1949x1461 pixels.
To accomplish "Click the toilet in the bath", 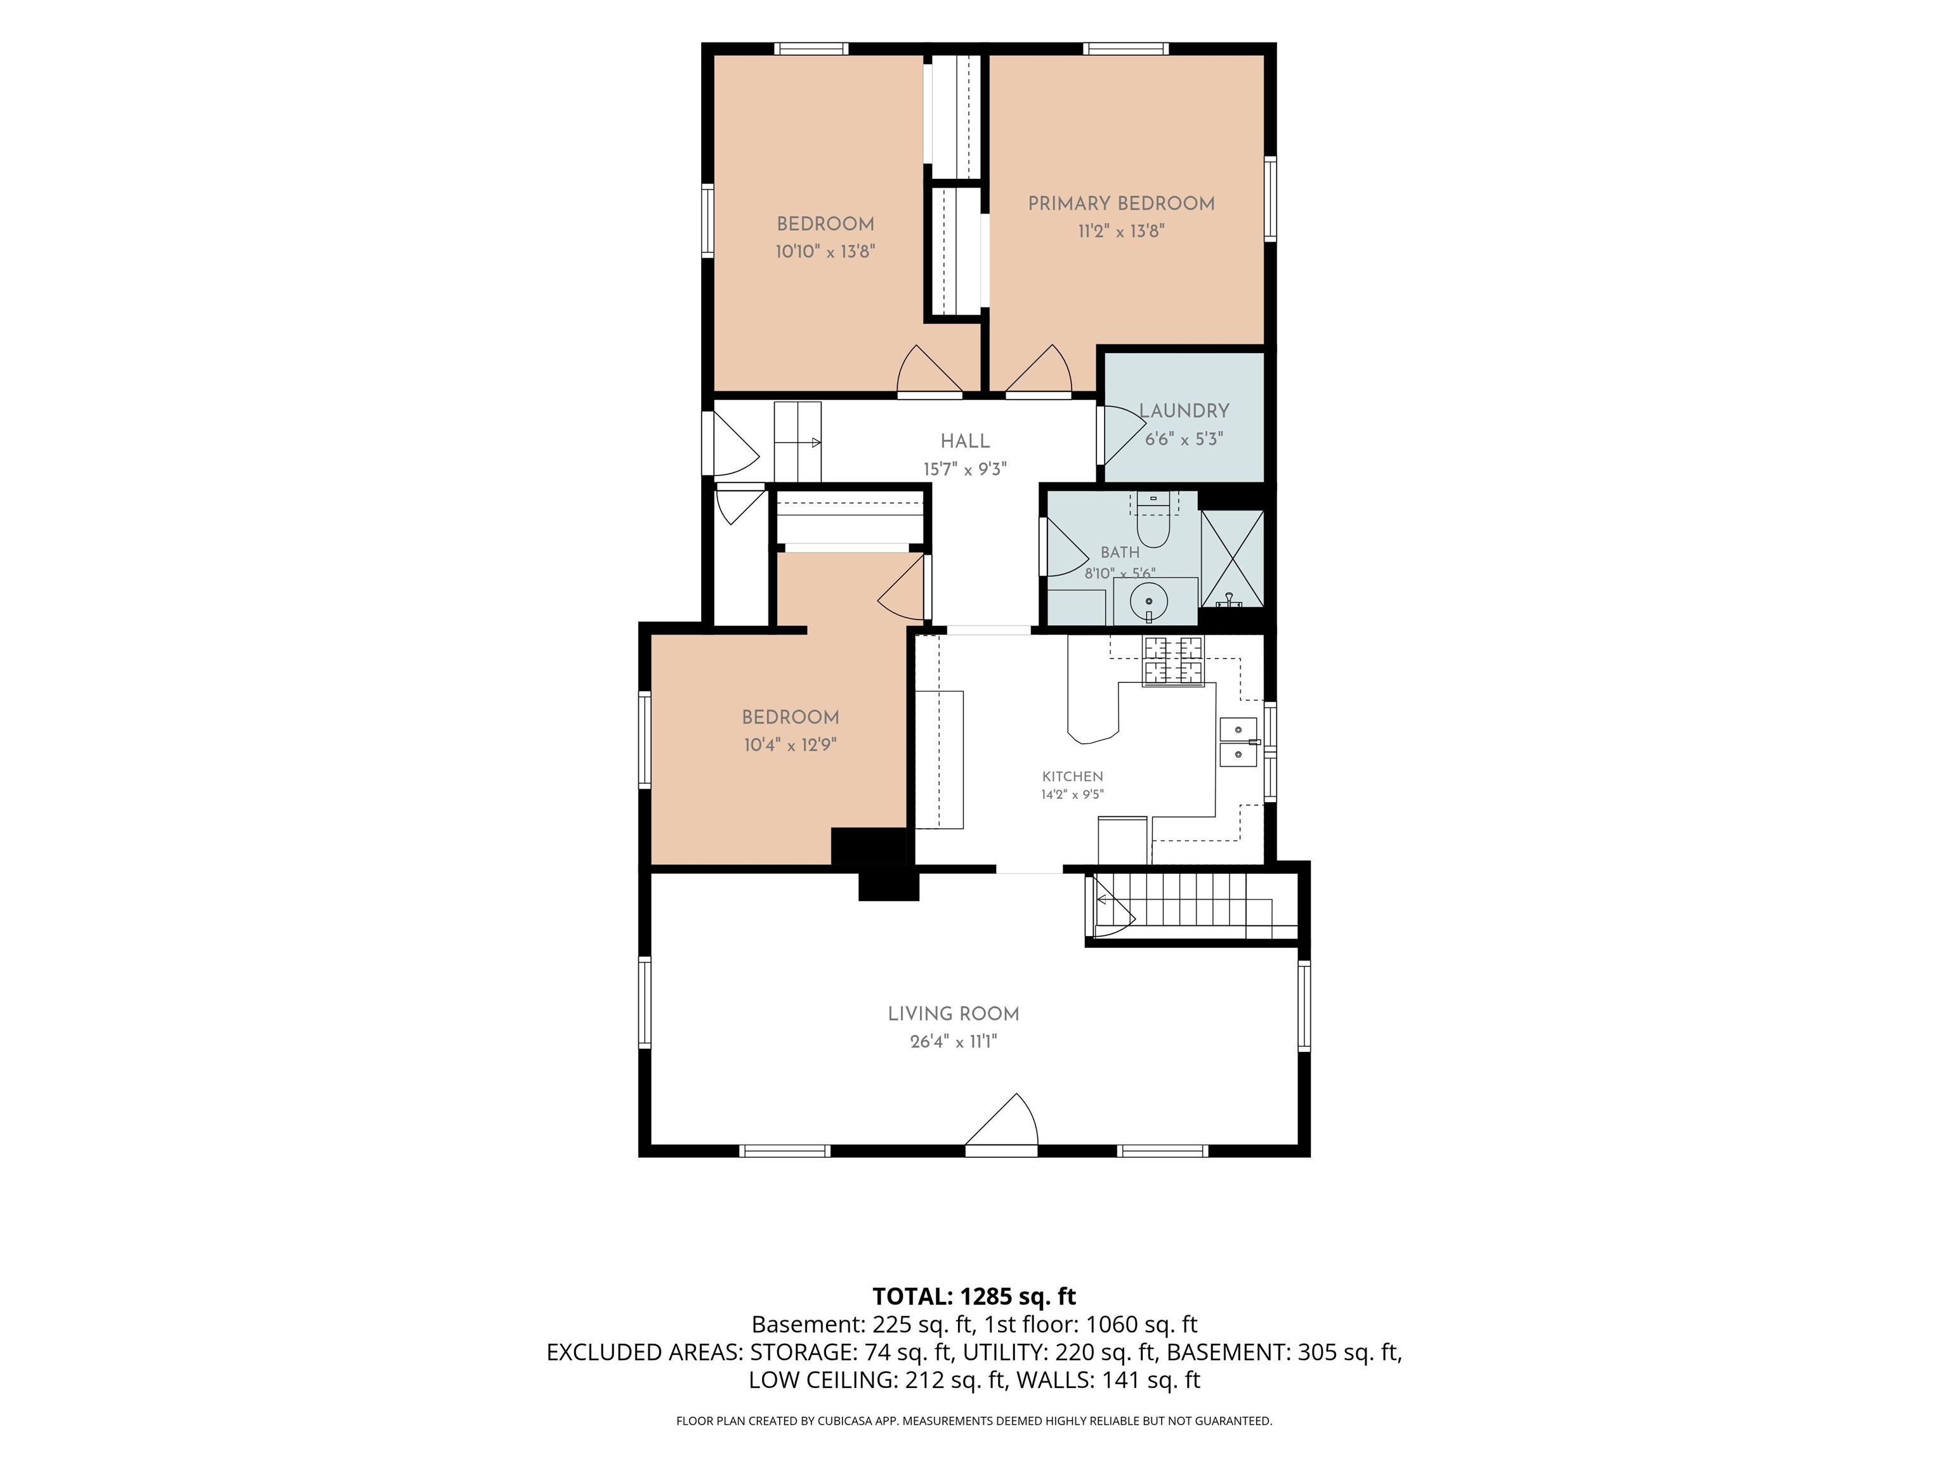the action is click(x=1153, y=519).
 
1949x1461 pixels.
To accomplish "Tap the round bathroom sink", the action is click(x=1149, y=602).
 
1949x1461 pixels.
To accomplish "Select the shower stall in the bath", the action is click(x=1232, y=558).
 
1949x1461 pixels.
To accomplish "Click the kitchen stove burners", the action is click(x=1172, y=661).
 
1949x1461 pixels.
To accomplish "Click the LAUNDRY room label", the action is click(x=1184, y=412).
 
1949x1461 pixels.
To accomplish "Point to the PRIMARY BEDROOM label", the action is click(x=1121, y=204).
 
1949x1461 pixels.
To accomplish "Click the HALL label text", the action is click(x=965, y=441).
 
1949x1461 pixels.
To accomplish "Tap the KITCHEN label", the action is click(x=1072, y=777).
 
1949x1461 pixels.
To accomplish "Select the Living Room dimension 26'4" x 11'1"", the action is click(x=954, y=1042).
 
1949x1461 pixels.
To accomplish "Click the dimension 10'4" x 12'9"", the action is click(x=791, y=745).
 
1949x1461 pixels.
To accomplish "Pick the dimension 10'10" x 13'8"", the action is click(x=825, y=252).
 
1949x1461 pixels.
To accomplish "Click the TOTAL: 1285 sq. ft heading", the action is click(x=974, y=1296).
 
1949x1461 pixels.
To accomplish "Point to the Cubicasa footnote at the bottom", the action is click(x=974, y=1420).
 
